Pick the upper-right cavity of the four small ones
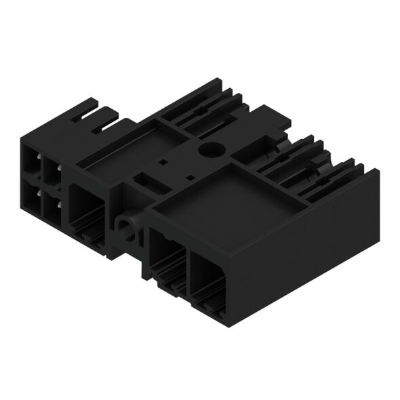coord(52,169)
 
